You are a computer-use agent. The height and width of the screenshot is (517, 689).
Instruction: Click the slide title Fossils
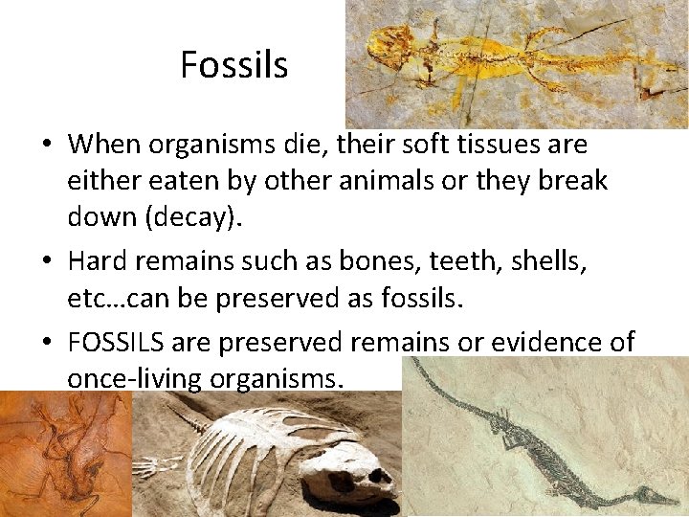click(233, 65)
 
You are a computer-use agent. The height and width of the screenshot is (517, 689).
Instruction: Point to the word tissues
click(491, 146)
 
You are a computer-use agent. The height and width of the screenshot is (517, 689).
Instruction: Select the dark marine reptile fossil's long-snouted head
click(651, 495)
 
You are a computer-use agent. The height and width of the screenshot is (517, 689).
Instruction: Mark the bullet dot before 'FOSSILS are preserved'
click(46, 343)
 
